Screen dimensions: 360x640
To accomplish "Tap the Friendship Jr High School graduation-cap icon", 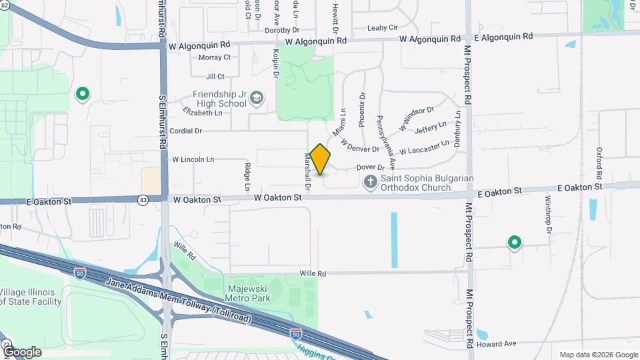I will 256,99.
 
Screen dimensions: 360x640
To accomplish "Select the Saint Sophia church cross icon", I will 371,181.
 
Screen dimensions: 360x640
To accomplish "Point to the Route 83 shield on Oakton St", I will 143,199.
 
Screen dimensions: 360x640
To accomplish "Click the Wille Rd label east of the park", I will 312,273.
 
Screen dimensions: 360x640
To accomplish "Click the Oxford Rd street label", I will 599,161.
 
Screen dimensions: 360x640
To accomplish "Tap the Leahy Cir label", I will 382,28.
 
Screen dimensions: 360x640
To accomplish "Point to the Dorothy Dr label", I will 283,30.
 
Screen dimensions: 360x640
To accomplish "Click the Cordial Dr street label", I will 185,131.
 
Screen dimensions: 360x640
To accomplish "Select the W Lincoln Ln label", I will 193,160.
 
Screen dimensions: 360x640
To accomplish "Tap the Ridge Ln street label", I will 247,173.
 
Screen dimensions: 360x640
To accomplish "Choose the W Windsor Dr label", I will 417,119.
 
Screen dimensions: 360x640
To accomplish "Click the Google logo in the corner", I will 21,351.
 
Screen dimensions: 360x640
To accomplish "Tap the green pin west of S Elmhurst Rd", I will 83,95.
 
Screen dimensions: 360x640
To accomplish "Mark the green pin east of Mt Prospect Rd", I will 514,243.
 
